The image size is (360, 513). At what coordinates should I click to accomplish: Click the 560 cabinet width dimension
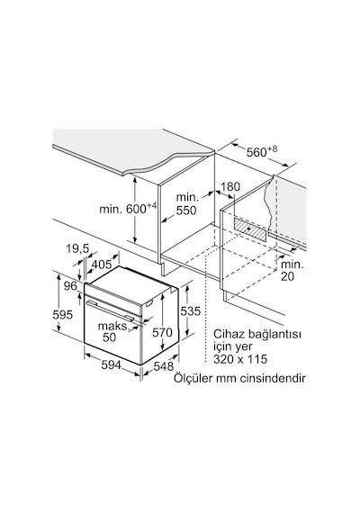pos(262,151)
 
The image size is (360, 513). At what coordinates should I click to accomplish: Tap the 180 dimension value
pos(230,187)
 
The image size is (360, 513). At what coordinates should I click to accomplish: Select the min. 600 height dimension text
pos(128,208)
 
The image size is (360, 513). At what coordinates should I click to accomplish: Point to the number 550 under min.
pos(186,211)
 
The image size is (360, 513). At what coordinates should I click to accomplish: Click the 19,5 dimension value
pos(77,248)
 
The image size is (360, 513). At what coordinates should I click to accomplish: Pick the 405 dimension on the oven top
pos(102,265)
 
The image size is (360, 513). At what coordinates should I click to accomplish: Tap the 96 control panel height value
pos(70,286)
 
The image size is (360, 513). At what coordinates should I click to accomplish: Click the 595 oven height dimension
pos(62,315)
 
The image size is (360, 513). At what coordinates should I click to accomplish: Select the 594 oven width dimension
pos(111,364)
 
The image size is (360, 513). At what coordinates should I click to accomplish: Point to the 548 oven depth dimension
pos(163,366)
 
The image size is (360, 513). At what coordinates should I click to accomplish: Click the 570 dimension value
pos(162,332)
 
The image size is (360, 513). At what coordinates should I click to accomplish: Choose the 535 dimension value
pos(190,310)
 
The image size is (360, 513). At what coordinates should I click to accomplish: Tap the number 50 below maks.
pos(109,337)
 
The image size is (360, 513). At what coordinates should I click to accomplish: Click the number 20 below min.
pos(287,276)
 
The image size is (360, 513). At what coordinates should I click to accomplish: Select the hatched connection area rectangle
pos(250,228)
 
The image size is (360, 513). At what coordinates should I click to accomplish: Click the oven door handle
pos(110,309)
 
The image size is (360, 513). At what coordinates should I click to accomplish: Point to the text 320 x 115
pos(240,359)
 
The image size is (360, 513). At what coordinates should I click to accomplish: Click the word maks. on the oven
pos(112,326)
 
